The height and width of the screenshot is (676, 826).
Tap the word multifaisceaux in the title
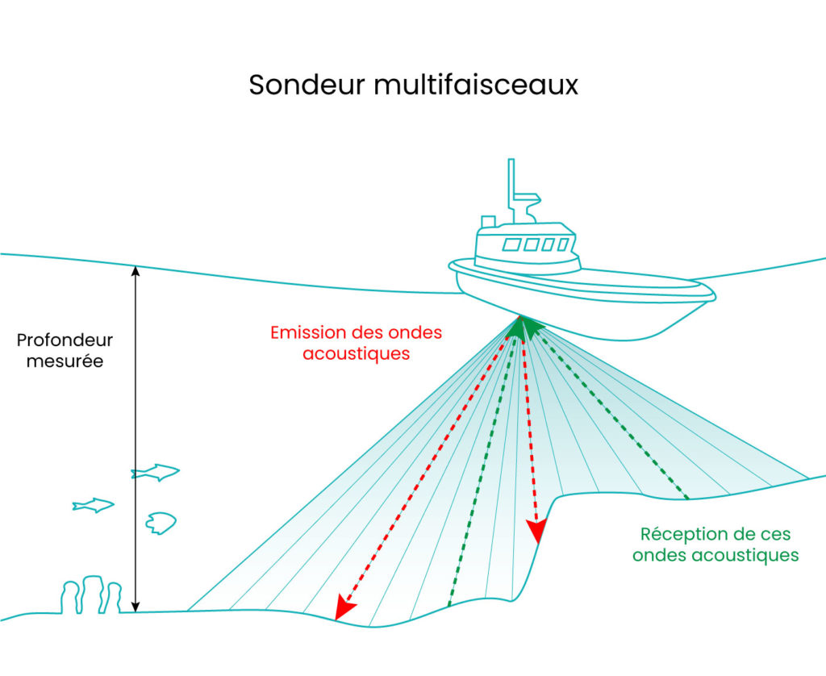pos(476,86)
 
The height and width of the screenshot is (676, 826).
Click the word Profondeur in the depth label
pos(65,340)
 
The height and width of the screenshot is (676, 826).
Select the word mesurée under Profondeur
pos(65,361)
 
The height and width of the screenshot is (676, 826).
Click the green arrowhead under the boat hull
pos(525,325)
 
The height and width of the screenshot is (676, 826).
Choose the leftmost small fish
pos(93,506)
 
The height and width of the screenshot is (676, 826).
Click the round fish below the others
pos(161,523)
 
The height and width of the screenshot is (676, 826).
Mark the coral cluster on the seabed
pos(91,595)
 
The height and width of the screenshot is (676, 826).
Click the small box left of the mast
pos(488,222)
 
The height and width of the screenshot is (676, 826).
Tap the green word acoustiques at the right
pos(715,556)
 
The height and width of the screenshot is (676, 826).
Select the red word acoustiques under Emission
pos(357,353)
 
